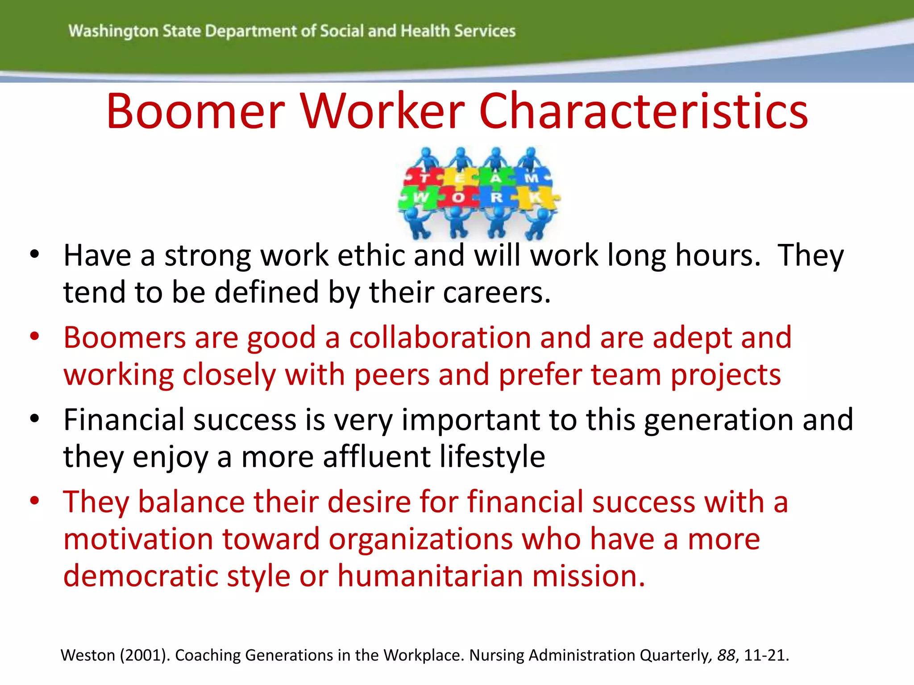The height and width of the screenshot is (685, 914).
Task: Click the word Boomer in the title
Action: [195, 111]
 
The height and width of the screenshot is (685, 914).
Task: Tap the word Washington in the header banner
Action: [113, 31]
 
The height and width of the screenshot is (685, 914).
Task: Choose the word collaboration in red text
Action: [440, 338]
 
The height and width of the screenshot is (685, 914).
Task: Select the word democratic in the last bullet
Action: [141, 576]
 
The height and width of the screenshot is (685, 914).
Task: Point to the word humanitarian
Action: [430, 576]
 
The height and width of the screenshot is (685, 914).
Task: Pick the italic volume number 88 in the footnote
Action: [726, 655]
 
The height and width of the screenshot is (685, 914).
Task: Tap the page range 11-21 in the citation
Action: [764, 655]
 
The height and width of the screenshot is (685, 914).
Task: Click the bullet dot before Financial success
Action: [35, 419]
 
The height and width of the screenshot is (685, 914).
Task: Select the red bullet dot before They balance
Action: [35, 501]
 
